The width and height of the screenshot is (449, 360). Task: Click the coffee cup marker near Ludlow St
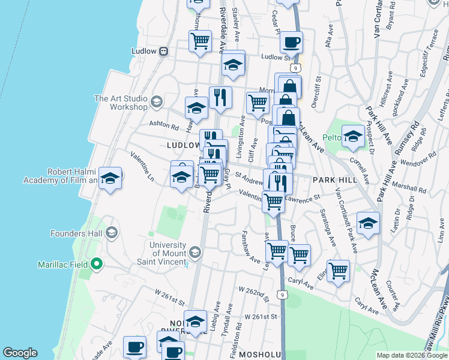(292, 43)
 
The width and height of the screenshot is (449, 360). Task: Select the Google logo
(20, 353)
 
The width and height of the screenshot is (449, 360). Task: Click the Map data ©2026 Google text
(412, 355)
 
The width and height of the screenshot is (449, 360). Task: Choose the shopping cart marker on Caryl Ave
(339, 271)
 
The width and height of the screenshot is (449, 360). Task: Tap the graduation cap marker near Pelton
(353, 137)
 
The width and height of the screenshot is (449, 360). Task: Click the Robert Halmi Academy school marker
(110, 178)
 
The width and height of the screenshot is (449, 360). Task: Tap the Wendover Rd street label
(420, 160)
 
